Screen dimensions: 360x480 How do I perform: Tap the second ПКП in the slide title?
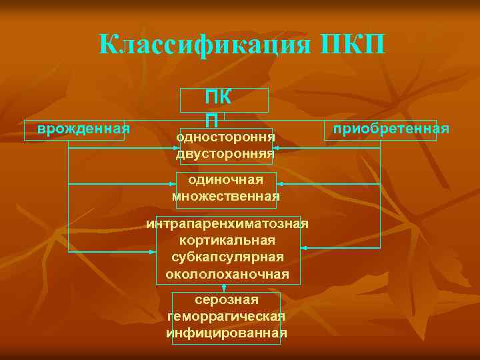click(353, 45)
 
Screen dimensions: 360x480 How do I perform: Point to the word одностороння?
click(225, 137)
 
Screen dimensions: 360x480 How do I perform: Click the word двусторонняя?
click(225, 153)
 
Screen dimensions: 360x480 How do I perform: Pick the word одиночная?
click(225, 179)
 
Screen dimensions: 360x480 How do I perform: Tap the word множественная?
click(225, 196)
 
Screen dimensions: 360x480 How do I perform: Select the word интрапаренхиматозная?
click(227, 223)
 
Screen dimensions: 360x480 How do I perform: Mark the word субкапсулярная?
click(227, 257)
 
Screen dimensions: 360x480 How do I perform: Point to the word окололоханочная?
click(227, 274)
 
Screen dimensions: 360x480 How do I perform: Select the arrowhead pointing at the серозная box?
click(225, 290)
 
